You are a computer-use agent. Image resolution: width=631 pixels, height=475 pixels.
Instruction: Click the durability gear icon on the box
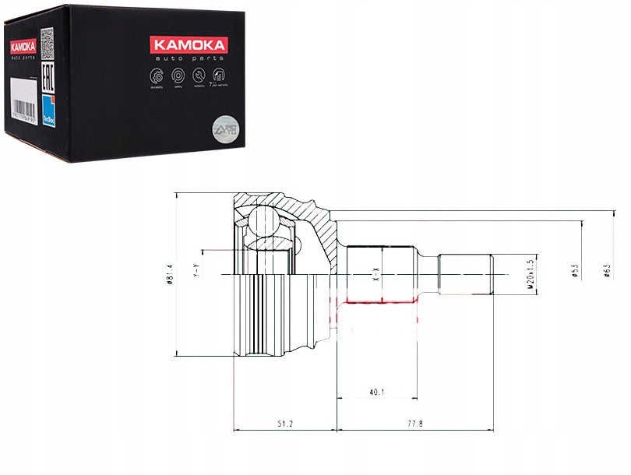pos(155,75)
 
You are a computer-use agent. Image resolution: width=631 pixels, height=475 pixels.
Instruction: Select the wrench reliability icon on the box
pos(199,76)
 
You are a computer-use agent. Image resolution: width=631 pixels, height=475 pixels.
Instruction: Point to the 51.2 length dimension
pos(285,424)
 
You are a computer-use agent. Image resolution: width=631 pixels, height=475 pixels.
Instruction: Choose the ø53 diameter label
pos(574,270)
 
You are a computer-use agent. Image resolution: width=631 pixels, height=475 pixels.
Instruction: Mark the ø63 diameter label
pos(606,270)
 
